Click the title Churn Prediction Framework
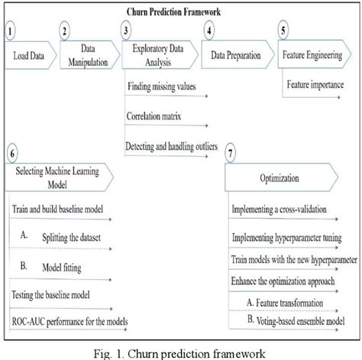coord(181,13)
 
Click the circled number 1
coord(9,31)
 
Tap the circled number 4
coord(208,31)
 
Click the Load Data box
coord(27,56)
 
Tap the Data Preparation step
coord(231,56)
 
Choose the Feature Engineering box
coord(315,56)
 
